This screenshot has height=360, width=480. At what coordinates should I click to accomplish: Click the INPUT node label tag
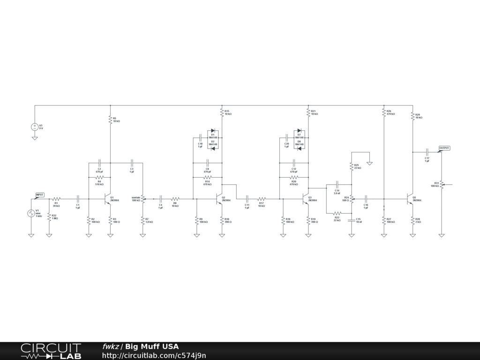pos(40,195)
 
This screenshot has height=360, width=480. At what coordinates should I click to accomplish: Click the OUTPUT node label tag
pos(444,148)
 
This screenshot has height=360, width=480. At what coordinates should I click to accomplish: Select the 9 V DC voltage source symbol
pos(35,127)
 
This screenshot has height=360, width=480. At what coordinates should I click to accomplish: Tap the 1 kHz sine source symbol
pos(31,213)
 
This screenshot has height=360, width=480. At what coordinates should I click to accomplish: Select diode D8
pos(299,149)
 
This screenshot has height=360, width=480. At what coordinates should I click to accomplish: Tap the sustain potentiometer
pos(142,199)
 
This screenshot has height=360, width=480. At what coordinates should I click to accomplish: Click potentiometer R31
pos(442,185)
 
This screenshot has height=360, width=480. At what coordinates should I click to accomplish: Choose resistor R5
pos(110,120)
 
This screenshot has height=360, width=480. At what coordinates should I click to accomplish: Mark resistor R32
pos(49,217)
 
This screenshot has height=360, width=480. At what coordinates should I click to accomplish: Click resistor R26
pos(384,113)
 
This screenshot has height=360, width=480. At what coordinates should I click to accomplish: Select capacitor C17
pos(427,152)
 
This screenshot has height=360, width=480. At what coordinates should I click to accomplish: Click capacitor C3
pos(132,163)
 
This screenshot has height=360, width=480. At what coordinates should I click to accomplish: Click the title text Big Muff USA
pos(152,347)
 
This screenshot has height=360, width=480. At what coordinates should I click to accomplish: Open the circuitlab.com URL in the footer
pos(154,356)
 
